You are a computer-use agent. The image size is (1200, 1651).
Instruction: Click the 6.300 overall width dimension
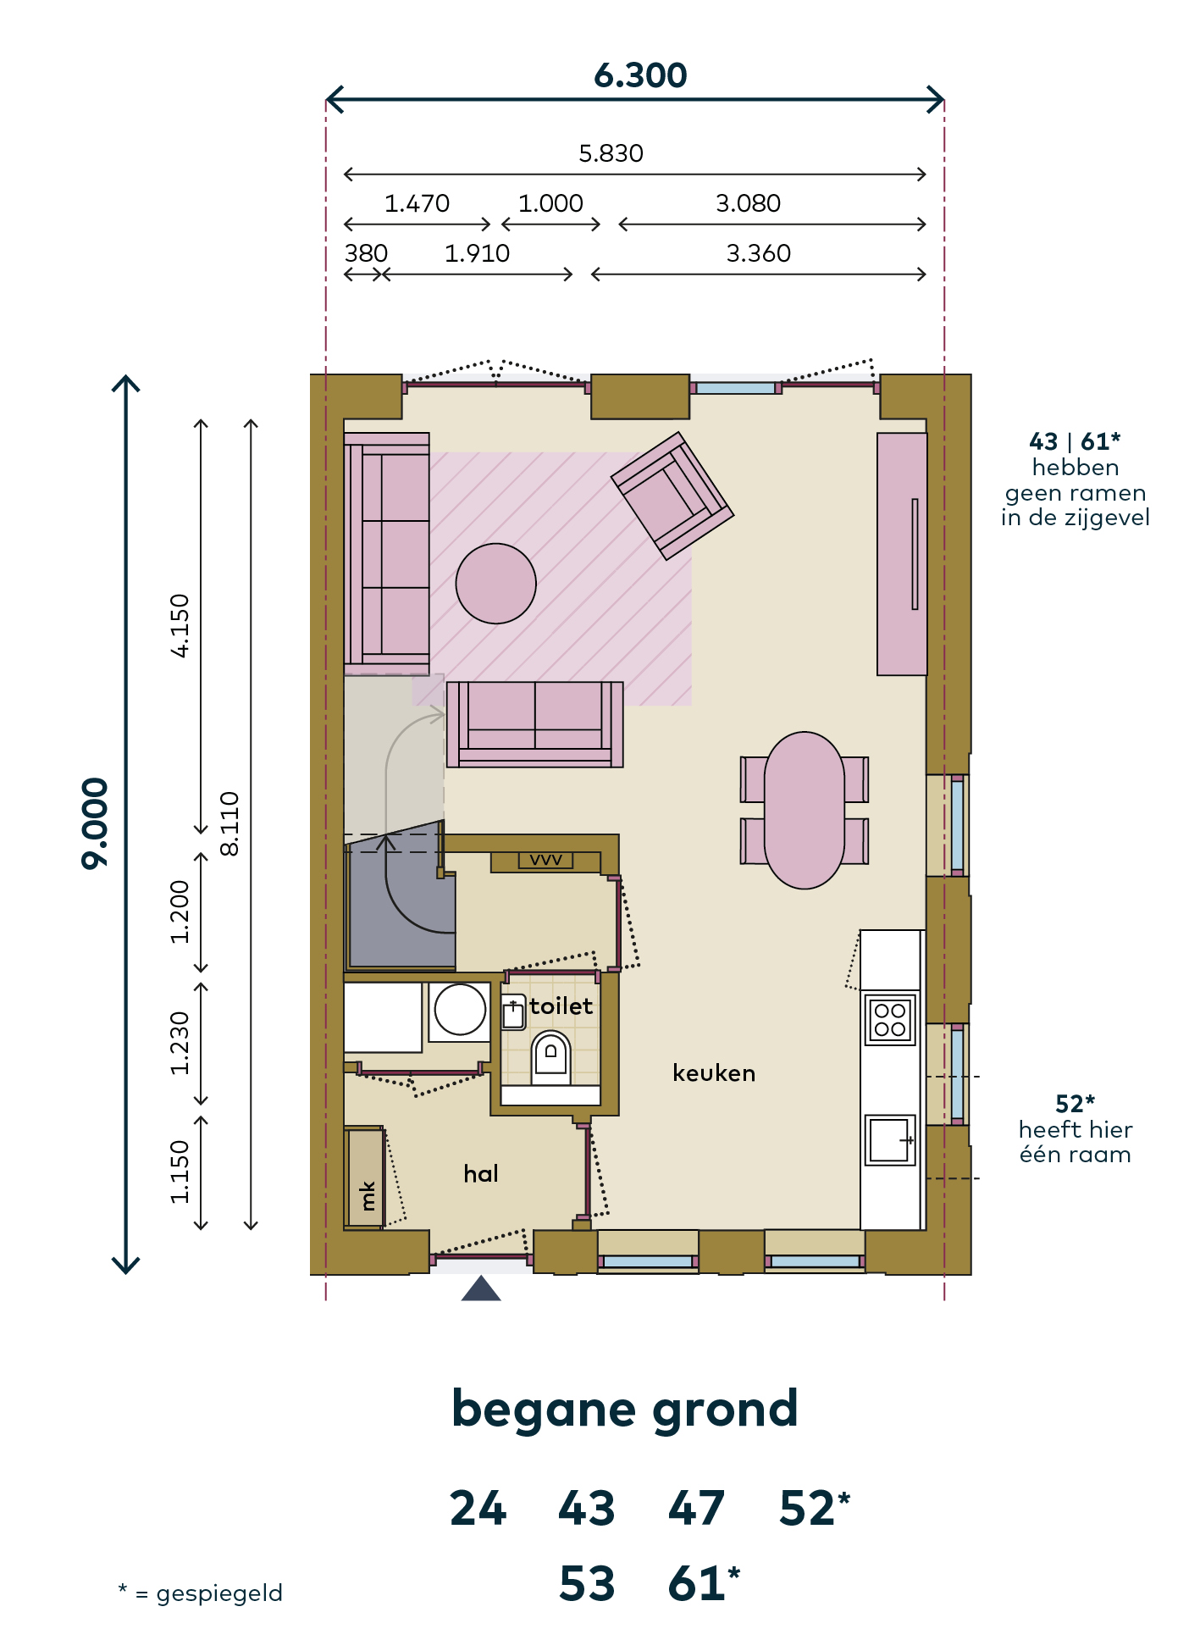[x=640, y=75]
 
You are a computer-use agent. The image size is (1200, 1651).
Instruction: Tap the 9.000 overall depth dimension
[x=95, y=823]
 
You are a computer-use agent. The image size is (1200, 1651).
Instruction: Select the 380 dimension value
[x=366, y=253]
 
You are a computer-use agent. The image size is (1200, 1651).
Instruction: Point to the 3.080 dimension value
[x=748, y=203]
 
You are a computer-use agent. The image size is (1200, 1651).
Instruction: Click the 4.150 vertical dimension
[x=180, y=626]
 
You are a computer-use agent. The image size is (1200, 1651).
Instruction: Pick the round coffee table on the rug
[x=495, y=584]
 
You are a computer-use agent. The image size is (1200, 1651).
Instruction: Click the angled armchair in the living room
[x=672, y=496]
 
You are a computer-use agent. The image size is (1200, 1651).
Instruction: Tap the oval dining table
[x=805, y=811]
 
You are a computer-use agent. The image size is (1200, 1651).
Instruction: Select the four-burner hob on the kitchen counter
[x=890, y=1019]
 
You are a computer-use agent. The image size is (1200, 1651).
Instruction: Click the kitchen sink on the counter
[x=890, y=1140]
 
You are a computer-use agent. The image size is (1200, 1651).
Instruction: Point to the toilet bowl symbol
[x=550, y=1057]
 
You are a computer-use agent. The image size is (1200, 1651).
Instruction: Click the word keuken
[x=714, y=1073]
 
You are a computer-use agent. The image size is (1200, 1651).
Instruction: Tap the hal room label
[x=481, y=1173]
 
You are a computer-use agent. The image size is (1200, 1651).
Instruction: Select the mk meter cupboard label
[x=368, y=1195]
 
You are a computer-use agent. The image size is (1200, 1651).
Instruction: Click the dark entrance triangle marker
[x=481, y=1288]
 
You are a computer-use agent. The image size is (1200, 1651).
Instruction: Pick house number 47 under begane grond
[x=696, y=1509]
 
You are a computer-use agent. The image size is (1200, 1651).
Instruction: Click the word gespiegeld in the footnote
[x=219, y=1594]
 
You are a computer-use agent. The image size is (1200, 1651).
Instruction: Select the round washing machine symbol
[x=460, y=1010]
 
